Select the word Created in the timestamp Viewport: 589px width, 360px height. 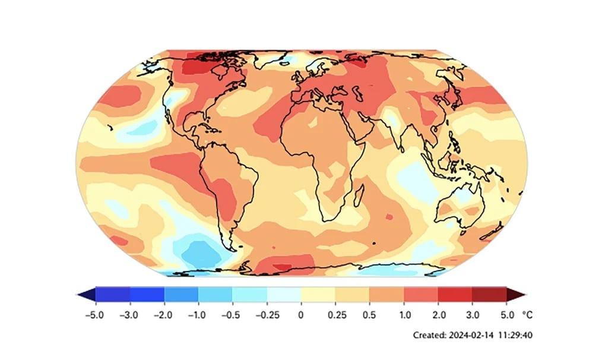(x=428, y=336)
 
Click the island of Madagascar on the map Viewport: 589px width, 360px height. (x=359, y=193)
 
